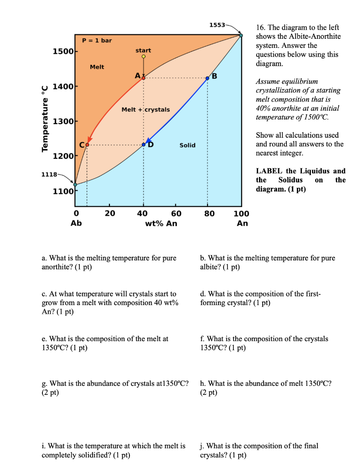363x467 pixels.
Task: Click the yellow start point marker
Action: pyautogui.click(x=144, y=57)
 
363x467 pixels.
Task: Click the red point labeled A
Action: pyautogui.click(x=144, y=78)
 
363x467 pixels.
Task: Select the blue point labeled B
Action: pyautogui.click(x=207, y=78)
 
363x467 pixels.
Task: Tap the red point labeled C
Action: pyautogui.click(x=87, y=145)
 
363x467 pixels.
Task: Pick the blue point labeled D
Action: pyautogui.click(x=144, y=145)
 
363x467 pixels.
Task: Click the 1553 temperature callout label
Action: pyautogui.click(x=217, y=25)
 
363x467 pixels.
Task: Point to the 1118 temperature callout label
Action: pyautogui.click(x=49, y=174)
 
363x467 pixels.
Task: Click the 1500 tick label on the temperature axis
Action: pyautogui.click(x=63, y=52)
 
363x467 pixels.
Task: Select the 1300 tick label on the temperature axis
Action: pyautogui.click(x=63, y=121)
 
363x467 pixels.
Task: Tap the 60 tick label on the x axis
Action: pyautogui.click(x=176, y=213)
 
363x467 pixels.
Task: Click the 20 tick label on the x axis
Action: pyautogui.click(x=110, y=213)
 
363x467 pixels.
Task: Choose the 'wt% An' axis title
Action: pyautogui.click(x=161, y=223)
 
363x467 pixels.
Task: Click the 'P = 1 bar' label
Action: pyautogui.click(x=97, y=40)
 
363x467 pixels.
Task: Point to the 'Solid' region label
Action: pyautogui.click(x=187, y=145)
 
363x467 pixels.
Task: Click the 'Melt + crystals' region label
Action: pyautogui.click(x=145, y=109)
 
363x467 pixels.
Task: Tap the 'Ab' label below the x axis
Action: pyautogui.click(x=76, y=223)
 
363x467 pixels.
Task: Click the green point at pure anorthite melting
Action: pyautogui.click(x=241, y=36)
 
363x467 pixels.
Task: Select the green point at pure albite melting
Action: pyautogui.click(x=75, y=185)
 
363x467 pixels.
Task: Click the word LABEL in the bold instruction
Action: pyautogui.click(x=269, y=171)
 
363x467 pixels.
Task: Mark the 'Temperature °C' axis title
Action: pyautogui.click(x=45, y=119)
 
